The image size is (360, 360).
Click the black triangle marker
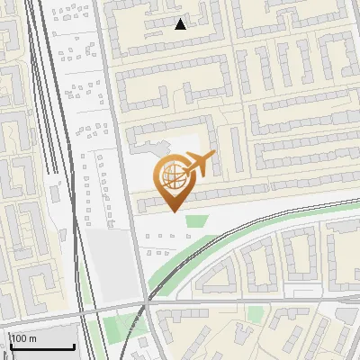point(181,24)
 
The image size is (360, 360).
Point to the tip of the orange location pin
point(175,211)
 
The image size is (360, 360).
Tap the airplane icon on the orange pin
point(200,164)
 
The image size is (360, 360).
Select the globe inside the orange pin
point(175,174)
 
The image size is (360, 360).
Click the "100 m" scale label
point(23,338)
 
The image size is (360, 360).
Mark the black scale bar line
point(41,347)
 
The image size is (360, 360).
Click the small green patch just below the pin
point(195,220)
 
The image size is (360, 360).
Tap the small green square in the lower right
point(256,314)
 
